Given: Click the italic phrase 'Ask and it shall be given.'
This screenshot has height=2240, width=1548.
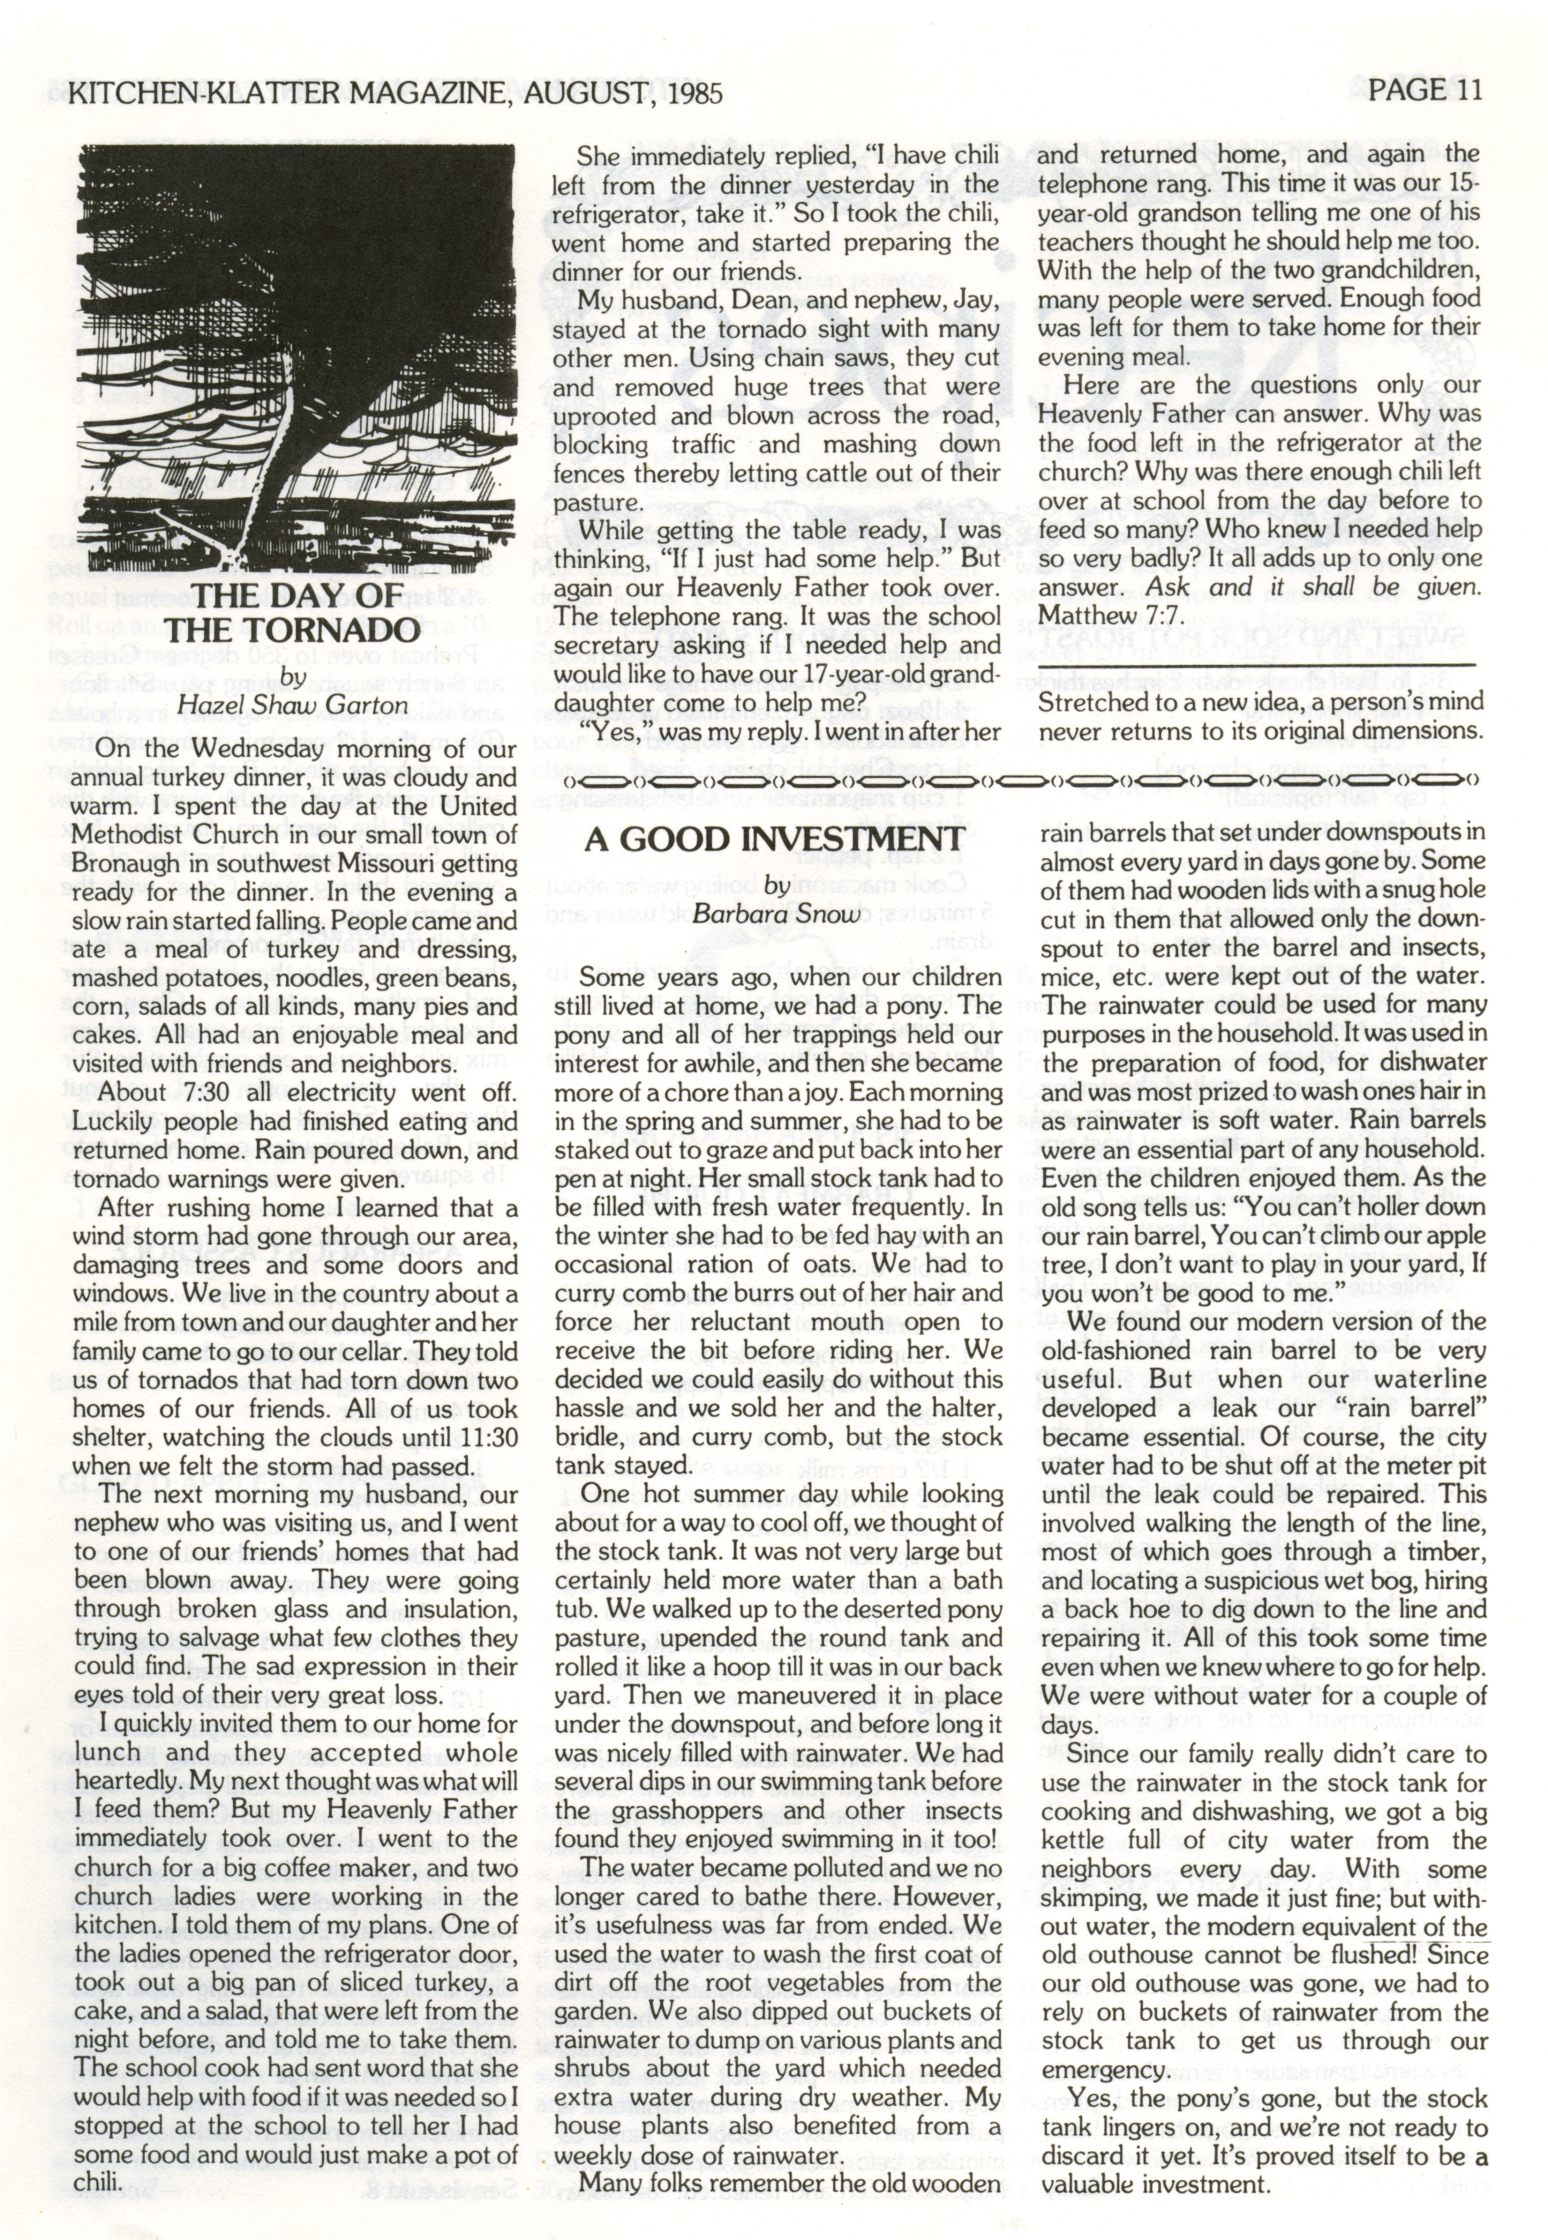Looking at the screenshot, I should click(x=1312, y=587).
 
